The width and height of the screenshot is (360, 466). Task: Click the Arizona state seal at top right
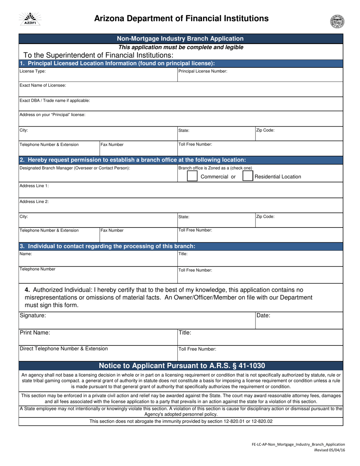tap(337, 21)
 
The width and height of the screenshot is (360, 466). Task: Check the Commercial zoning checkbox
tap(193, 176)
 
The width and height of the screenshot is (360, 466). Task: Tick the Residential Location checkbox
tap(247, 176)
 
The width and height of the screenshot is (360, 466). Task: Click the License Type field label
tap(33, 71)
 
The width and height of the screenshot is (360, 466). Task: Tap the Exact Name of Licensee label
tap(43, 85)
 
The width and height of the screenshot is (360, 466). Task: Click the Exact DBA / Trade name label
tap(55, 100)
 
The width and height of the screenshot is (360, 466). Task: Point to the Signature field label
tap(33, 315)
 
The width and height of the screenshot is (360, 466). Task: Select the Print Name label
tap(35, 333)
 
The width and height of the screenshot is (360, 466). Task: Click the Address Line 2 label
tap(34, 202)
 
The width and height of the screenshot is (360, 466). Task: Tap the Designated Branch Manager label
tap(75, 168)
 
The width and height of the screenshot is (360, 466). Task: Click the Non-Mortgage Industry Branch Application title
tap(180, 39)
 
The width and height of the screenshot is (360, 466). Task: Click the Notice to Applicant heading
tap(182, 366)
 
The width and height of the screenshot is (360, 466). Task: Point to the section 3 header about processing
tap(107, 246)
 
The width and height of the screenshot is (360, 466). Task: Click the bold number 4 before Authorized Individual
tap(27, 290)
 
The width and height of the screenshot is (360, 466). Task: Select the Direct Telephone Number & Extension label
tap(64, 348)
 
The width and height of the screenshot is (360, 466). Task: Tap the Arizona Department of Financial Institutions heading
tap(181, 18)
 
